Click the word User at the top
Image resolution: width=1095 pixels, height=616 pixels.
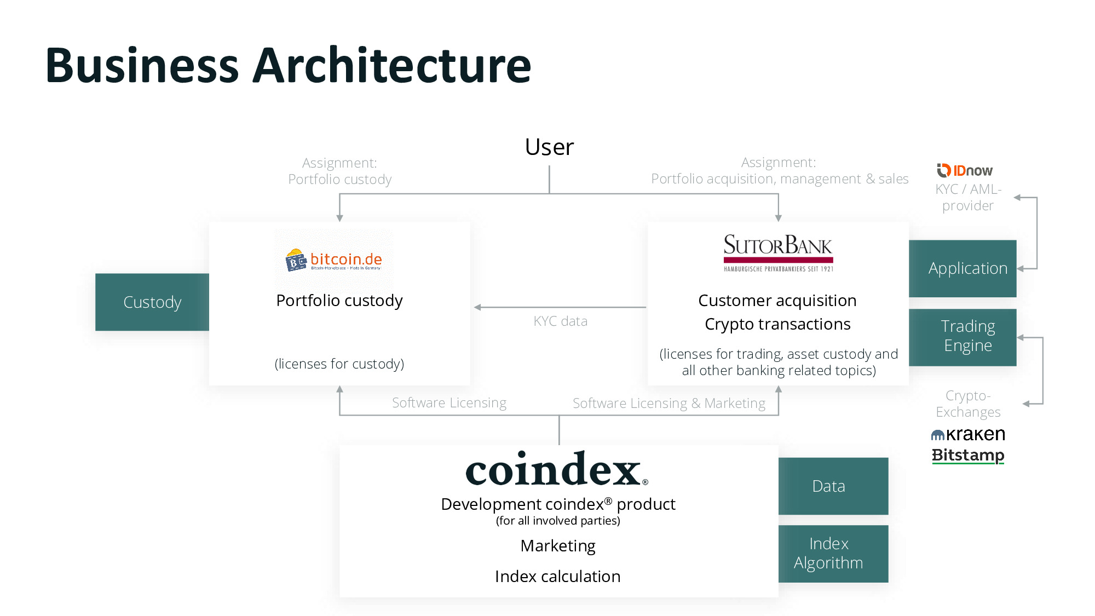pyautogui.click(x=549, y=147)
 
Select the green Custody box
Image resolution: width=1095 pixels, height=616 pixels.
pyautogui.click(x=152, y=302)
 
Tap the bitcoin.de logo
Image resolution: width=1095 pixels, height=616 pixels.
pyautogui.click(x=334, y=260)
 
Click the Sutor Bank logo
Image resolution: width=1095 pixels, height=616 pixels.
pyautogui.click(x=778, y=252)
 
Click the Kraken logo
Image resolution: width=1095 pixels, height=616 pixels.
pyautogui.click(x=968, y=434)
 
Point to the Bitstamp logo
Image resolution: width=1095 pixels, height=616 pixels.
pyautogui.click(x=968, y=455)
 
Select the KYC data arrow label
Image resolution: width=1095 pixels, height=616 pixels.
pyautogui.click(x=560, y=321)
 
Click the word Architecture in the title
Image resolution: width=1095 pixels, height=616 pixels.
pyautogui.click(x=391, y=66)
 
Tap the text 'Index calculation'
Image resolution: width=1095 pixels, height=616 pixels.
pyautogui.click(x=557, y=576)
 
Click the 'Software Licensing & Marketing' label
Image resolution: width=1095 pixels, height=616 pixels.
pyautogui.click(x=668, y=404)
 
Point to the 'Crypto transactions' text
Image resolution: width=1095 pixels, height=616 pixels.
pyautogui.click(x=777, y=324)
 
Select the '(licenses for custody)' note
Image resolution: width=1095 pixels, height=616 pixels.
pyautogui.click(x=339, y=364)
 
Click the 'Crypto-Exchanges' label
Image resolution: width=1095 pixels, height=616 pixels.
pyautogui.click(x=967, y=404)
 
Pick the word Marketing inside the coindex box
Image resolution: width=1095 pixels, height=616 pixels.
pyautogui.click(x=557, y=545)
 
